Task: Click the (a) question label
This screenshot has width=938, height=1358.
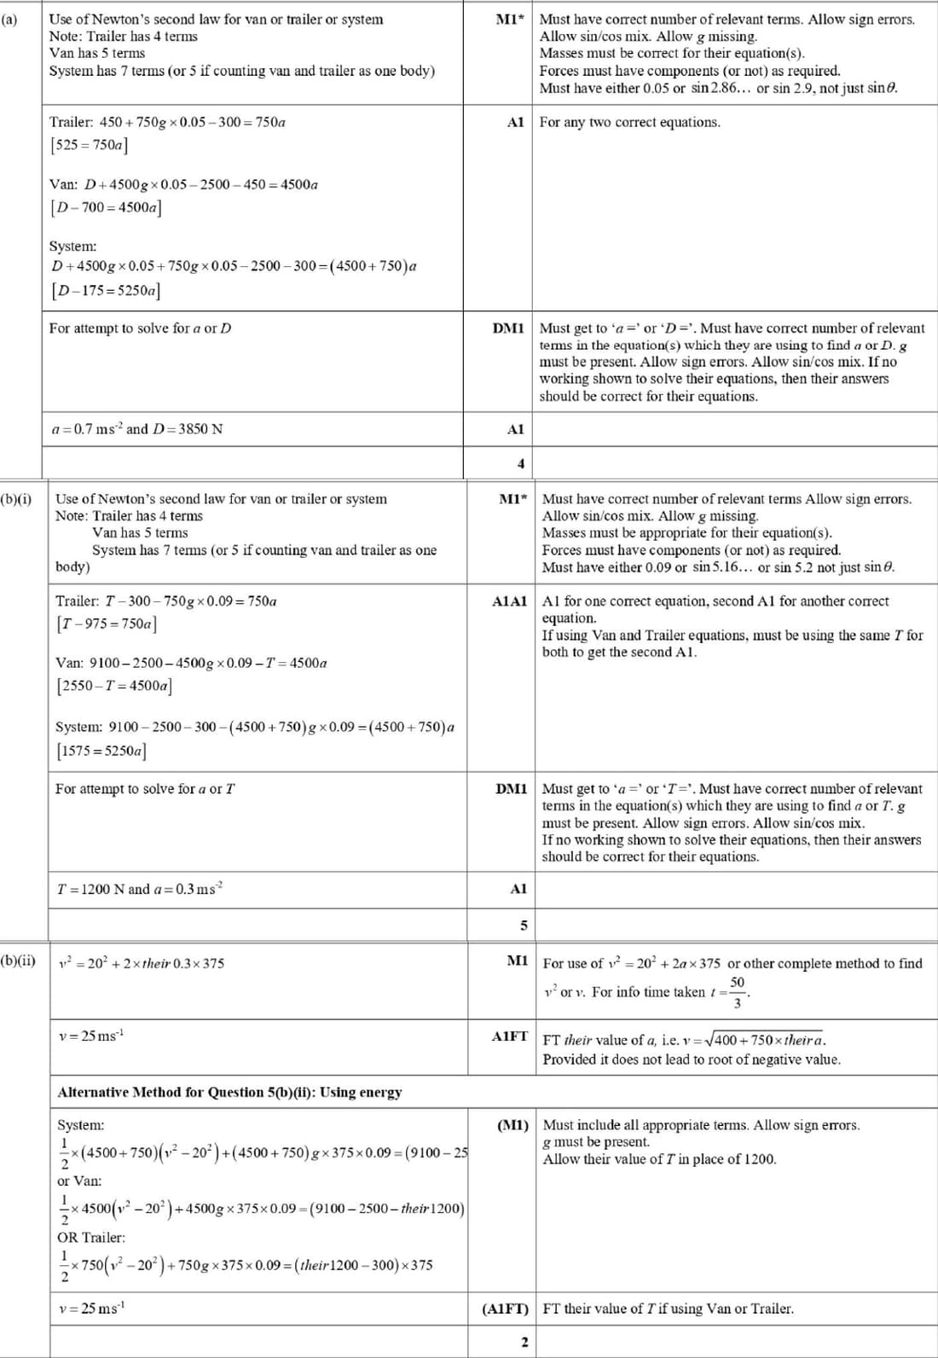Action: point(9,19)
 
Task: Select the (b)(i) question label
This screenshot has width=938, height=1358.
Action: point(16,498)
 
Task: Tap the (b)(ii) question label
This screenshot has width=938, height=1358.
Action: point(18,960)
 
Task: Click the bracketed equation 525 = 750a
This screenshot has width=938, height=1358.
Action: point(89,145)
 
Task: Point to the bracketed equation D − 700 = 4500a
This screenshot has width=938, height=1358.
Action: point(106,207)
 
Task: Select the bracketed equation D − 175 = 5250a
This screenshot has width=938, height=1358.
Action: point(106,290)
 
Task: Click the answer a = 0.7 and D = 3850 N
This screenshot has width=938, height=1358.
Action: point(136,429)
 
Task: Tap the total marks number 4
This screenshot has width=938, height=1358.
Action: point(521,464)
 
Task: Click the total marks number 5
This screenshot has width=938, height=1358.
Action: point(524,925)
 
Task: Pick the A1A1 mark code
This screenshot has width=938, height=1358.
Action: point(510,601)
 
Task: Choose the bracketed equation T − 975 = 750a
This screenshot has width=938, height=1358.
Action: point(107,624)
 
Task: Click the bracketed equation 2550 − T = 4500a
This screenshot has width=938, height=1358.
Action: point(114,686)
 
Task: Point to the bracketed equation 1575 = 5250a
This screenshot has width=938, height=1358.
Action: point(101,752)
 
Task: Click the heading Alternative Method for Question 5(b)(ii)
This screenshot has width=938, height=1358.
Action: point(229,1092)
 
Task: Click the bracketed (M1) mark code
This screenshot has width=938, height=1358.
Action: point(512,1125)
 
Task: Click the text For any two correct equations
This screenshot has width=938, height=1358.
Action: point(629,122)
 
